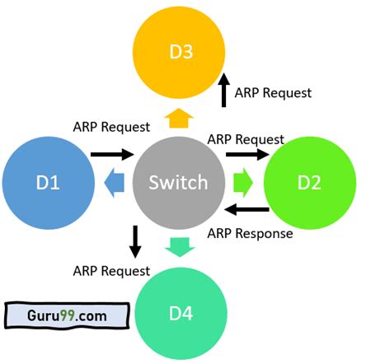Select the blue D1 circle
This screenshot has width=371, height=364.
46,182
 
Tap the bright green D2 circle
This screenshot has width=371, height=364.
308,182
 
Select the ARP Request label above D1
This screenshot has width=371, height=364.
111,127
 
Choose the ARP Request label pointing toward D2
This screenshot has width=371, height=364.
247,139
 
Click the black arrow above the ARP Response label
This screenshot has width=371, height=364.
247,210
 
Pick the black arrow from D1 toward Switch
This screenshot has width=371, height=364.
111,153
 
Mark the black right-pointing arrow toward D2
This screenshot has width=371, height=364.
247,154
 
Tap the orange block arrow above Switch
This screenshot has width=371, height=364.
177,120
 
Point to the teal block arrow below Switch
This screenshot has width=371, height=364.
179,245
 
